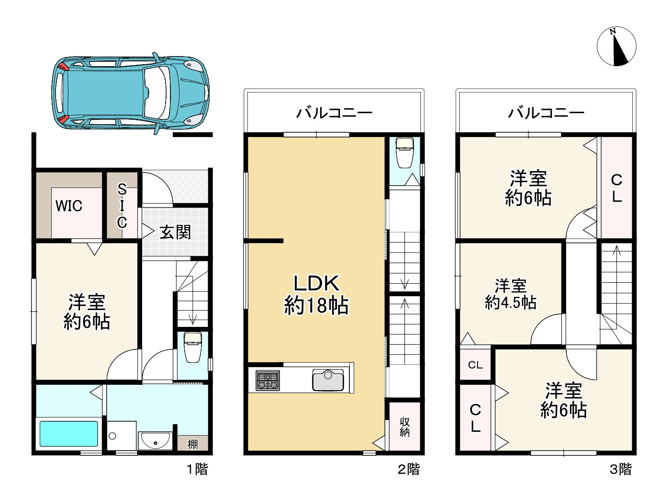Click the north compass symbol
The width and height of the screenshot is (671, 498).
(616, 46)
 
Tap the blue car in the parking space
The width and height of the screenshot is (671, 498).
(130, 93)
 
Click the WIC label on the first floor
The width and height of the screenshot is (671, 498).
(69, 206)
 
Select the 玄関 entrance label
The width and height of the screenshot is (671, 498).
(175, 232)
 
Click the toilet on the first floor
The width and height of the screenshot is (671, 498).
(193, 347)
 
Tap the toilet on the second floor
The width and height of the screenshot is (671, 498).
(405, 153)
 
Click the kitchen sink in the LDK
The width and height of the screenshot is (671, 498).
(328, 380)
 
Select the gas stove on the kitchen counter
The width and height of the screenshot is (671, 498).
(268, 381)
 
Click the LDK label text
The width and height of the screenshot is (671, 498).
(316, 283)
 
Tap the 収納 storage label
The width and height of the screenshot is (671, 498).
(405, 427)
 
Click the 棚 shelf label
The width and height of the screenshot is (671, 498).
(193, 444)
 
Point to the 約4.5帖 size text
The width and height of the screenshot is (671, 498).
(511, 302)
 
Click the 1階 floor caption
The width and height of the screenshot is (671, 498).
(197, 470)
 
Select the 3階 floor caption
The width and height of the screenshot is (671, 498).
(620, 470)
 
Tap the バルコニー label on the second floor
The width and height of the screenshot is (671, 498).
(334, 113)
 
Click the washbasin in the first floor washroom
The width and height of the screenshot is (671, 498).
(155, 441)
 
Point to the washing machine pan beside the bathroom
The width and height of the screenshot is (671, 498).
(122, 436)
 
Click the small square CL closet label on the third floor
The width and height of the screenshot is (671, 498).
(475, 365)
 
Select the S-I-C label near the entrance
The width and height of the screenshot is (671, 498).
(122, 206)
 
